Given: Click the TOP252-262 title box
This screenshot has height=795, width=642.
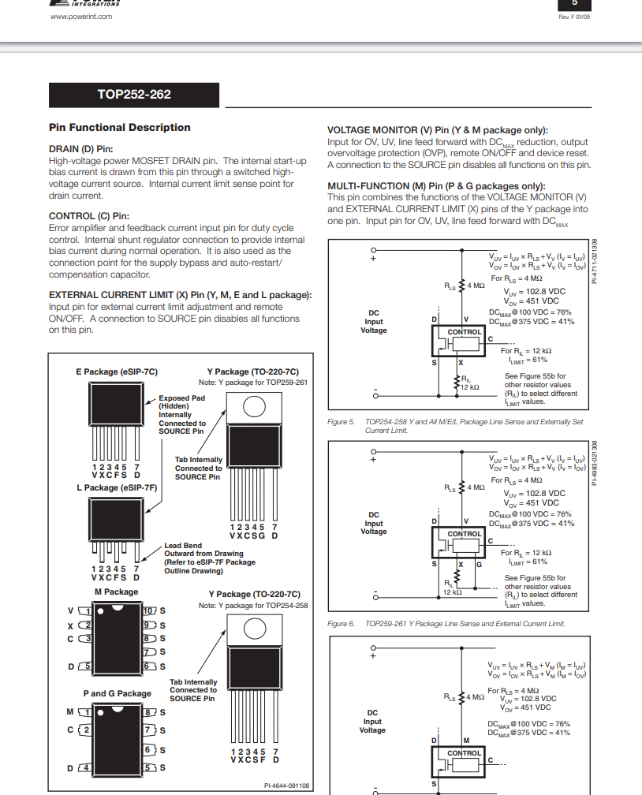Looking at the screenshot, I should pyautogui.click(x=134, y=95).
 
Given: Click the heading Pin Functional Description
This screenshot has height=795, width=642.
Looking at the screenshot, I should pyautogui.click(x=120, y=128).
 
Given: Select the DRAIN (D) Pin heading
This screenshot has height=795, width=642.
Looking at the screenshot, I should pyautogui.click(x=81, y=148).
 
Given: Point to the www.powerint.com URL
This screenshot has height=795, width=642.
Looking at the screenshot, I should pyautogui.click(x=81, y=16).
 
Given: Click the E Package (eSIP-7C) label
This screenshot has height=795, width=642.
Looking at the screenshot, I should pyautogui.click(x=117, y=371).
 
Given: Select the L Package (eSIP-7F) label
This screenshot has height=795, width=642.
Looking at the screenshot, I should pyautogui.click(x=117, y=488).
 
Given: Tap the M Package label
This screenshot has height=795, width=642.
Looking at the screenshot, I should pyautogui.click(x=116, y=592).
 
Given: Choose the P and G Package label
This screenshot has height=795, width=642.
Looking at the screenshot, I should pyautogui.click(x=118, y=693).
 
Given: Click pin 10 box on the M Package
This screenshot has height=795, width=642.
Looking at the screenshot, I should pyautogui.click(x=148, y=610).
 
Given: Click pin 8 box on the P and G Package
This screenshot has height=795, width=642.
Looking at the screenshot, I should pyautogui.click(x=147, y=712).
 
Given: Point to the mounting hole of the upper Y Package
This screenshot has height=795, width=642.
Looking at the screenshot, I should pyautogui.click(x=254, y=405).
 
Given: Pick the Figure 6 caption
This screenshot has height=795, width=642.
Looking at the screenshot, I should pyautogui.click(x=446, y=624).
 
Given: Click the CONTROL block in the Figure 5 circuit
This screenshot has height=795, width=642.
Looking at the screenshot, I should pyautogui.click(x=464, y=333).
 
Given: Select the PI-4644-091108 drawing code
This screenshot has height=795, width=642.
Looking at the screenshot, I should pyautogui.click(x=287, y=786).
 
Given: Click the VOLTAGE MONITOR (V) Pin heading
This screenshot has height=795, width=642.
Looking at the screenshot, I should pyautogui.click(x=438, y=130).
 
